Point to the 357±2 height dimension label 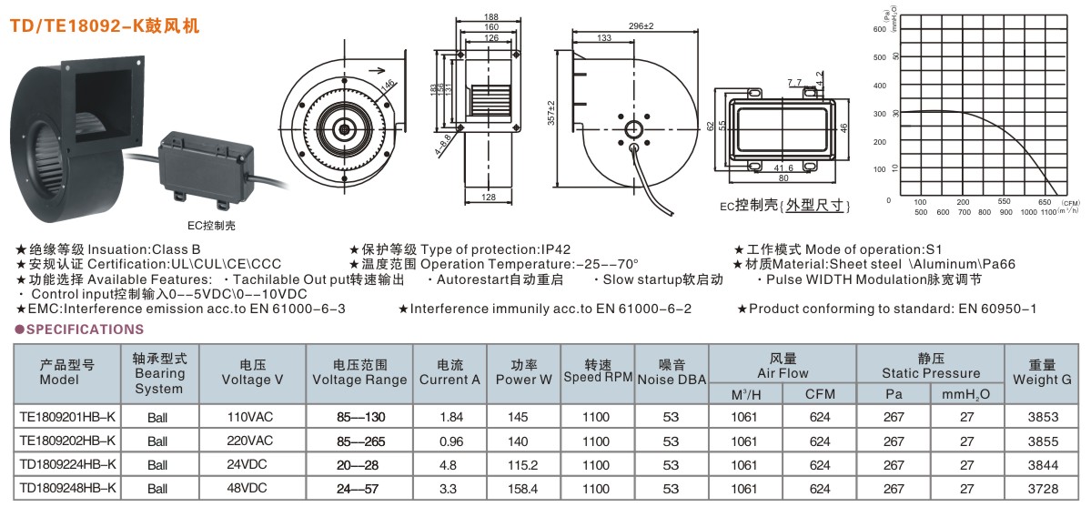(551, 115)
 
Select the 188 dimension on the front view (490, 17)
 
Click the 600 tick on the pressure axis (878, 28)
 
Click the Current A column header (450, 372)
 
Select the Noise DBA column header (672, 372)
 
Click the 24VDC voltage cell (248, 465)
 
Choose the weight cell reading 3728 (1042, 489)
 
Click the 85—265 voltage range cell (360, 441)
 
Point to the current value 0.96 (450, 441)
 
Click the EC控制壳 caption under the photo (199, 224)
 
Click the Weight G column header (1042, 372)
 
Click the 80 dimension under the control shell (783, 178)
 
